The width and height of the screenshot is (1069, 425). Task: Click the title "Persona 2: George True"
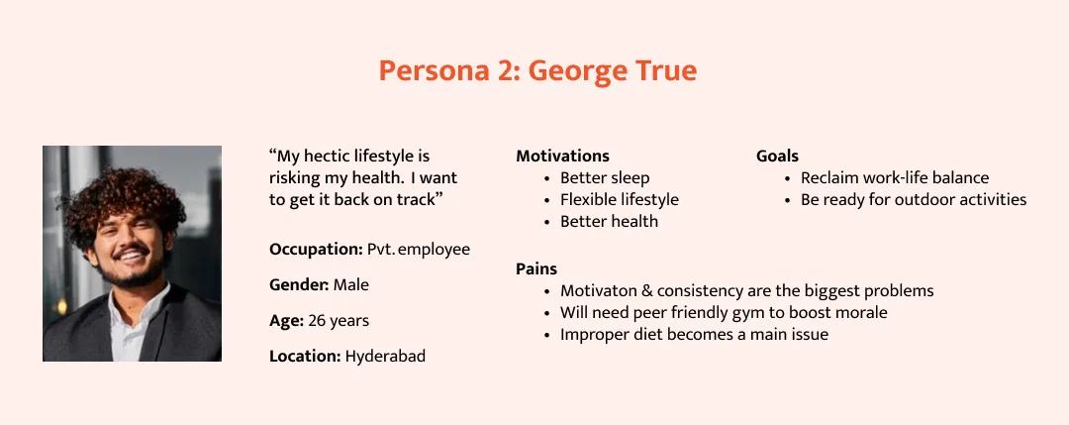537,71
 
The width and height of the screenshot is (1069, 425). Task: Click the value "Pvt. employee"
419,250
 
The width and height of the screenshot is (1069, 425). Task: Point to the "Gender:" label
299,285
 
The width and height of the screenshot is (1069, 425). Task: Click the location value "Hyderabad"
385,356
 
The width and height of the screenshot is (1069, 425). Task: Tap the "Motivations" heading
562,156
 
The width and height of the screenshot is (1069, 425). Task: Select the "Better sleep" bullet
605,178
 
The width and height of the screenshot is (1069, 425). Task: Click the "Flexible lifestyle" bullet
620,200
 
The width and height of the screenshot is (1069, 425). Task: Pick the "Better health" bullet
609,222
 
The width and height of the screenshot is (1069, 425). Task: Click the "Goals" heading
777,156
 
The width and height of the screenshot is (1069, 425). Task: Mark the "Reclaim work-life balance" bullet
895,178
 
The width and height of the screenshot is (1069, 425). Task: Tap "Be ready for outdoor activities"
914,200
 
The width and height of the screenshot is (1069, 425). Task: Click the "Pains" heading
536,268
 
